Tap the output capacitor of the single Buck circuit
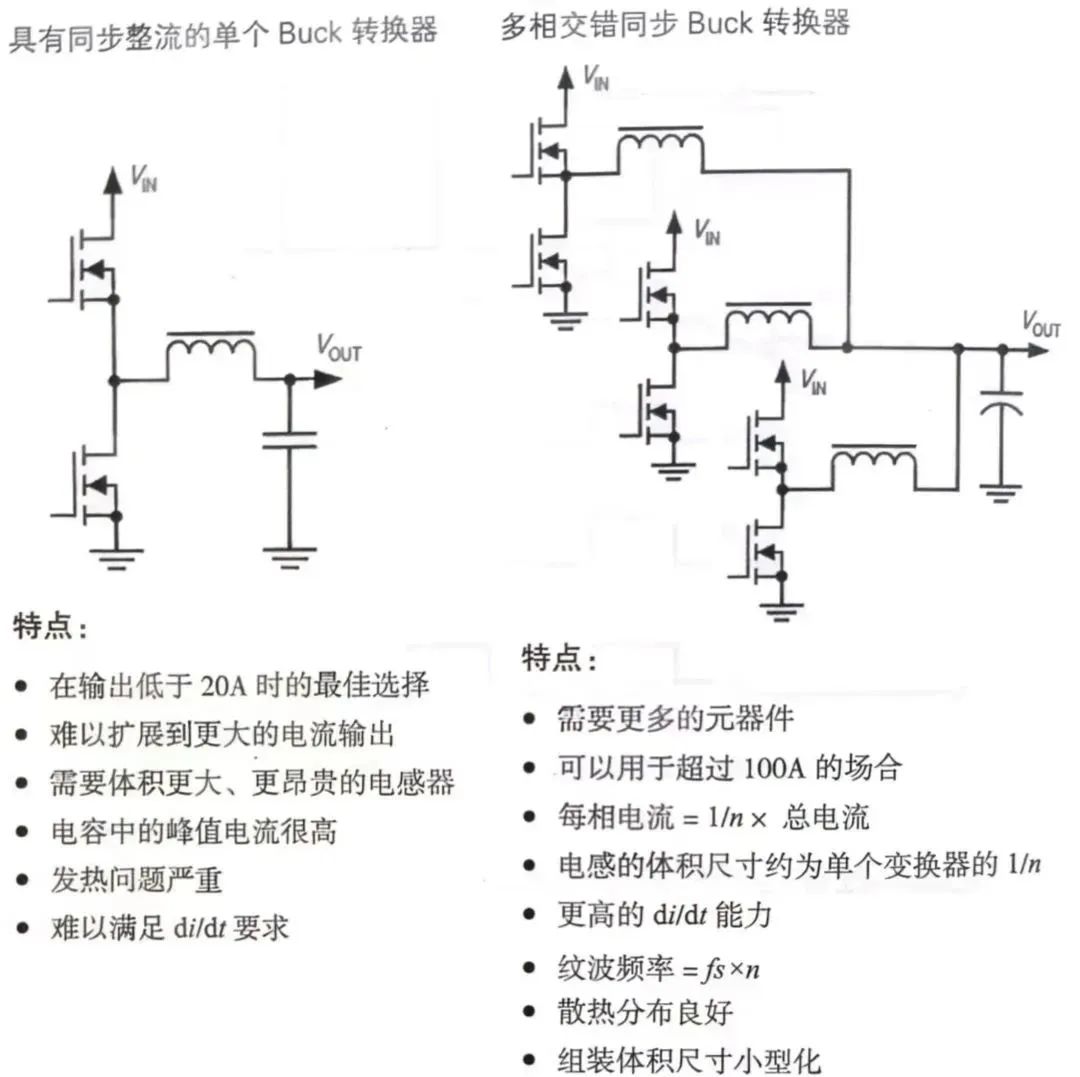(x=290, y=439)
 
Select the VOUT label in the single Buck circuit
(x=339, y=348)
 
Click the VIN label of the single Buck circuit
(x=144, y=180)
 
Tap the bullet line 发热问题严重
(x=136, y=880)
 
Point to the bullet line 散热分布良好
(x=645, y=1011)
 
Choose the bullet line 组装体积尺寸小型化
(x=689, y=1059)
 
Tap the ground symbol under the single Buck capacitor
(x=290, y=555)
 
